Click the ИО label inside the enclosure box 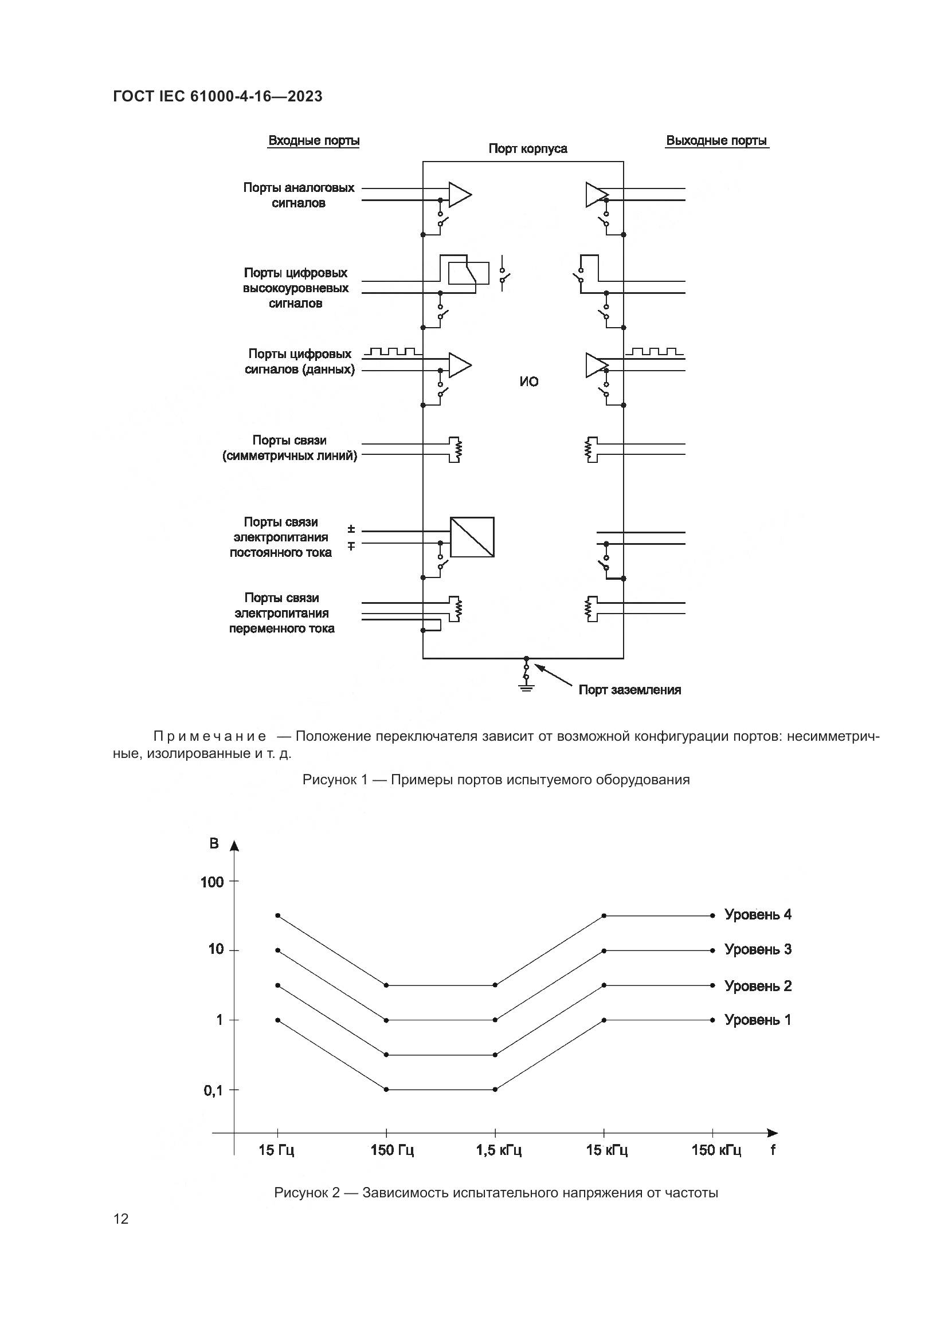[529, 382]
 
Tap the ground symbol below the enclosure [526, 689]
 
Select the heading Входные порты [314, 141]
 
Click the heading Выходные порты [716, 141]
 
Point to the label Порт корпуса [528, 149]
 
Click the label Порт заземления [629, 690]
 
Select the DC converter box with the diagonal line [472, 537]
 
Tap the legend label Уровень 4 [758, 914]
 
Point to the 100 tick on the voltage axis [213, 882]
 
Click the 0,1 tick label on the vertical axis [213, 1090]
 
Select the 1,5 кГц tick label [499, 1150]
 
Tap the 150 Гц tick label [392, 1150]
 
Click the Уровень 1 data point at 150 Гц [386, 1090]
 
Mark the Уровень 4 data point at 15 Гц [278, 915]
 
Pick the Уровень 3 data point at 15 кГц [604, 951]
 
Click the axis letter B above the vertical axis [214, 843]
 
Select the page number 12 [121, 1219]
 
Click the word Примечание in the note [210, 737]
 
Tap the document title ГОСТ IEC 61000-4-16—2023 [218, 96]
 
